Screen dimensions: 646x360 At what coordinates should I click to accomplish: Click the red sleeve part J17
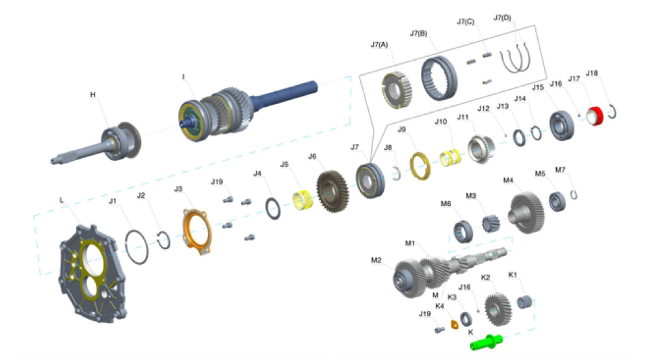(x=595, y=115)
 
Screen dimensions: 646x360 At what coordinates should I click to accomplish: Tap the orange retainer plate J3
(x=197, y=232)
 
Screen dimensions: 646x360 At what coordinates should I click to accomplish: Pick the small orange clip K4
(x=454, y=325)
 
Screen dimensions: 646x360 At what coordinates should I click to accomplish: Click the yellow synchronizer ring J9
(x=420, y=165)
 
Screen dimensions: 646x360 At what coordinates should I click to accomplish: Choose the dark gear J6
(x=332, y=191)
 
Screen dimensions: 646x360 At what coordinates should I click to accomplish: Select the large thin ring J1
(x=136, y=247)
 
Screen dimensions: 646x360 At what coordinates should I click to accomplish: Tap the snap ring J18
(x=613, y=111)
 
